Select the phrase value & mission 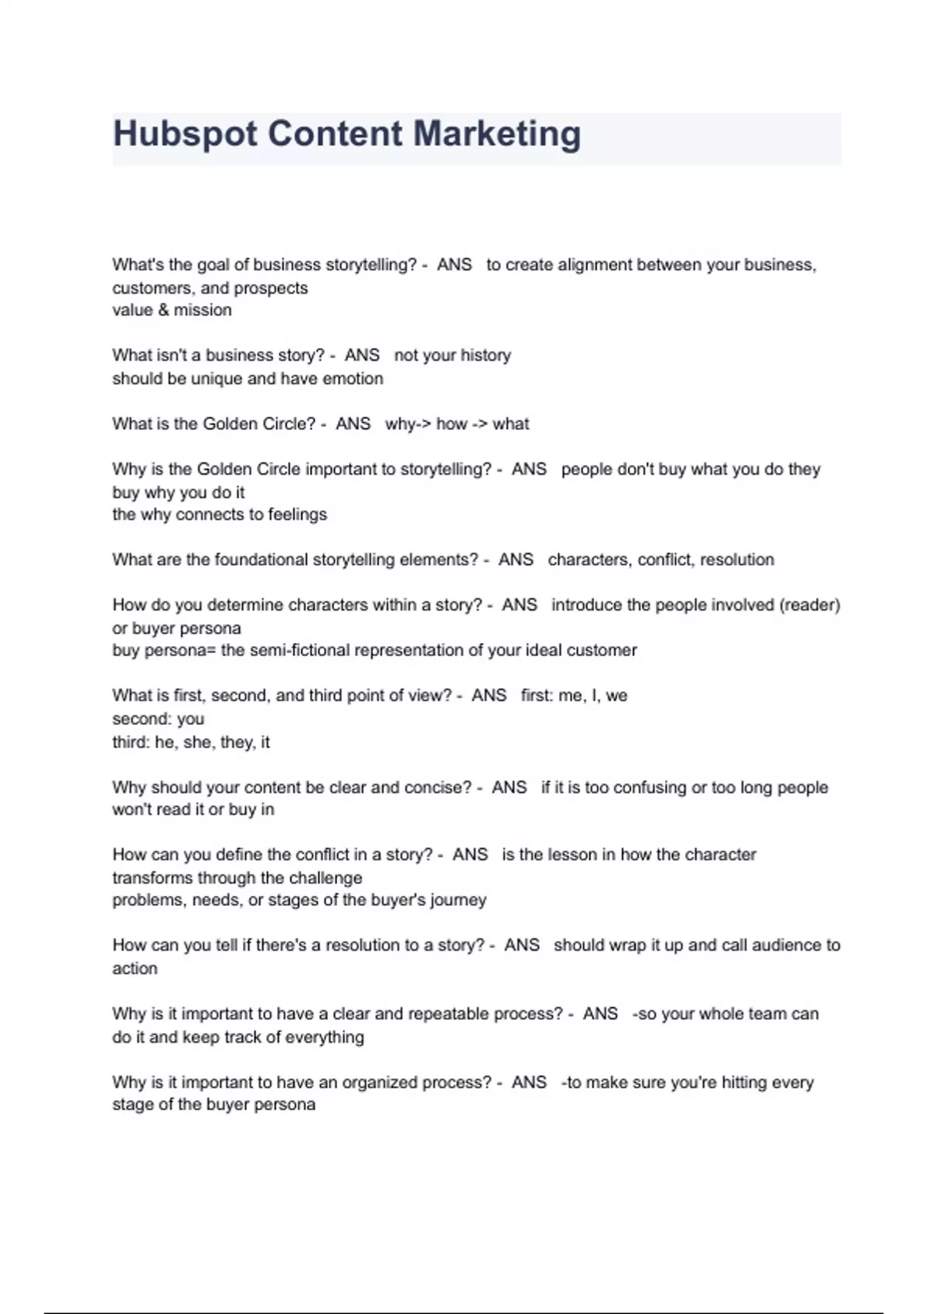click(172, 310)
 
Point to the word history click(486, 356)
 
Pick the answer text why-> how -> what click(457, 424)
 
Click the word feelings click(297, 515)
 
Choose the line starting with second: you click(159, 719)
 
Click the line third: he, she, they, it click(191, 742)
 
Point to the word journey click(459, 900)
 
